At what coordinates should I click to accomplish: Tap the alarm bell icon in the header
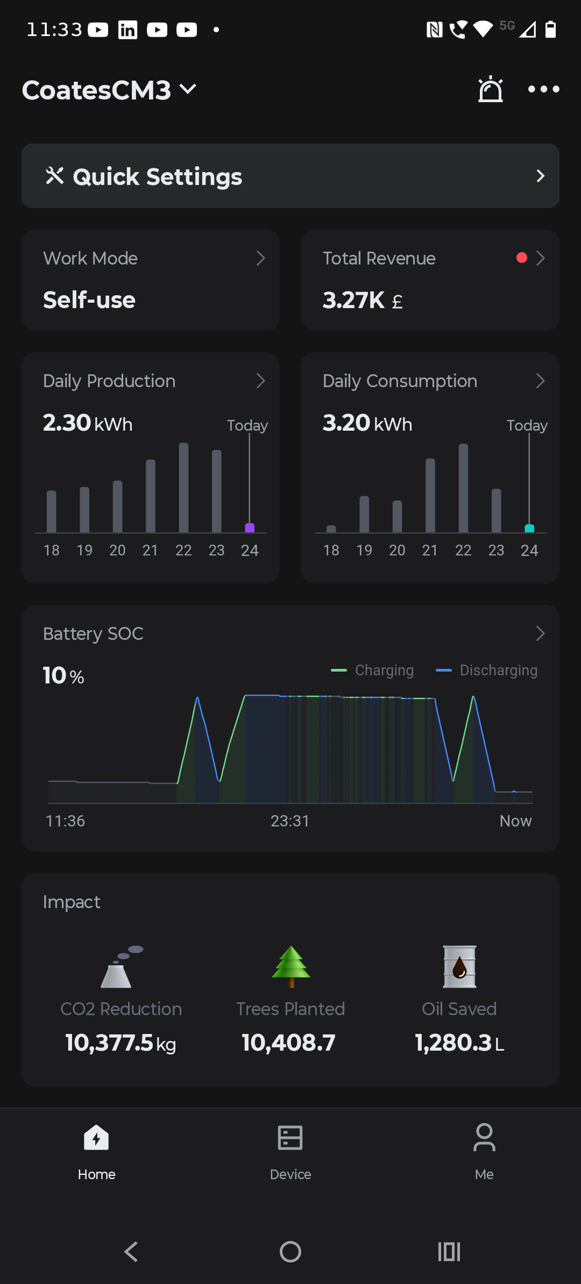point(491,89)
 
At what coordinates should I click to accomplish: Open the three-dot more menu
point(543,89)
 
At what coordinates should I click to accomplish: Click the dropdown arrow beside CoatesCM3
point(188,89)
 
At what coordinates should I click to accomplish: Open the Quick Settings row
point(290,176)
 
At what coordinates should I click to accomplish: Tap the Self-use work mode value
point(89,300)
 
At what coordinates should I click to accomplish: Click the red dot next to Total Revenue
point(521,258)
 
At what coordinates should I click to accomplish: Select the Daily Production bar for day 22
point(183,488)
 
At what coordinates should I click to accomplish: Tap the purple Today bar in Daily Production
point(250,528)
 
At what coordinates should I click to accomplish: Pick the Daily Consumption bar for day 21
point(430,495)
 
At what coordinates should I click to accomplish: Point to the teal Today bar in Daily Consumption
point(529,529)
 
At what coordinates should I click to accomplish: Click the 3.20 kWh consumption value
point(367,423)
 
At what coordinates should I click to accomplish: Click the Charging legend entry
point(372,670)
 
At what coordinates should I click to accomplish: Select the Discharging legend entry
point(486,670)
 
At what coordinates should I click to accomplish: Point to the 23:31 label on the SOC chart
point(290,821)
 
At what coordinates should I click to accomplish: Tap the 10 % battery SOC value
point(63,675)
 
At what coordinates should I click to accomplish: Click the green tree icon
point(291,966)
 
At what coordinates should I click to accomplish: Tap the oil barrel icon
point(459,966)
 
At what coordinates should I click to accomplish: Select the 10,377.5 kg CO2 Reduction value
point(121,1043)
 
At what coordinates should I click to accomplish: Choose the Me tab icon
point(484,1137)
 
